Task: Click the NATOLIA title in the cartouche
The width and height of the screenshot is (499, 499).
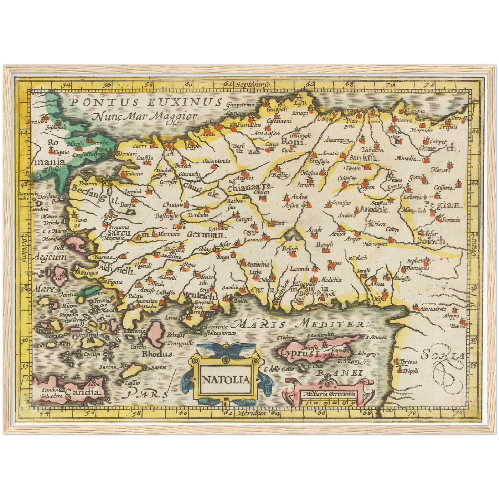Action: click(x=225, y=380)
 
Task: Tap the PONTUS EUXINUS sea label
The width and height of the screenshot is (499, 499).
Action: click(x=145, y=102)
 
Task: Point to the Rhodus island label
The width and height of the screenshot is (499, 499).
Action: click(x=157, y=354)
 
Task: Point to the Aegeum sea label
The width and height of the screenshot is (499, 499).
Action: click(x=50, y=257)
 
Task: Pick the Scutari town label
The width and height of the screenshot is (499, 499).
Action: click(x=128, y=154)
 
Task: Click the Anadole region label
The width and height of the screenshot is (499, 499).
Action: click(x=375, y=209)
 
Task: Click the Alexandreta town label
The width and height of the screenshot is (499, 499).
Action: click(x=433, y=309)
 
